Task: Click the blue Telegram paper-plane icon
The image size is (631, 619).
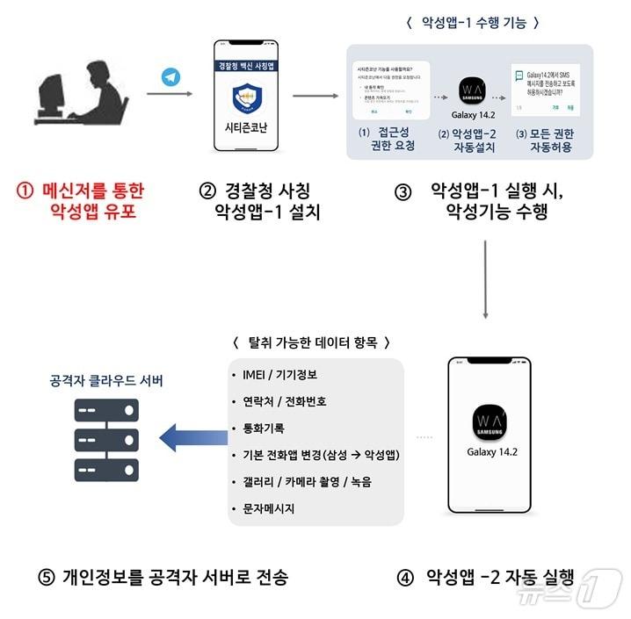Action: pyautogui.click(x=170, y=77)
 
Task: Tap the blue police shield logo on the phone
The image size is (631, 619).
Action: pyautogui.click(x=245, y=98)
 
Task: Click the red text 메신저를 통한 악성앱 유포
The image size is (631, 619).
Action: pyautogui.click(x=81, y=200)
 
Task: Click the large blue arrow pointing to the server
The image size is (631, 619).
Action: pyautogui.click(x=193, y=435)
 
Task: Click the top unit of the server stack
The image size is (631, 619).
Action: pyautogui.click(x=106, y=409)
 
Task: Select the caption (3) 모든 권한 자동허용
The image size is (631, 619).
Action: pyautogui.click(x=542, y=140)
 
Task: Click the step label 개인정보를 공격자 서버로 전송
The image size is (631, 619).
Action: pyautogui.click(x=163, y=577)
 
